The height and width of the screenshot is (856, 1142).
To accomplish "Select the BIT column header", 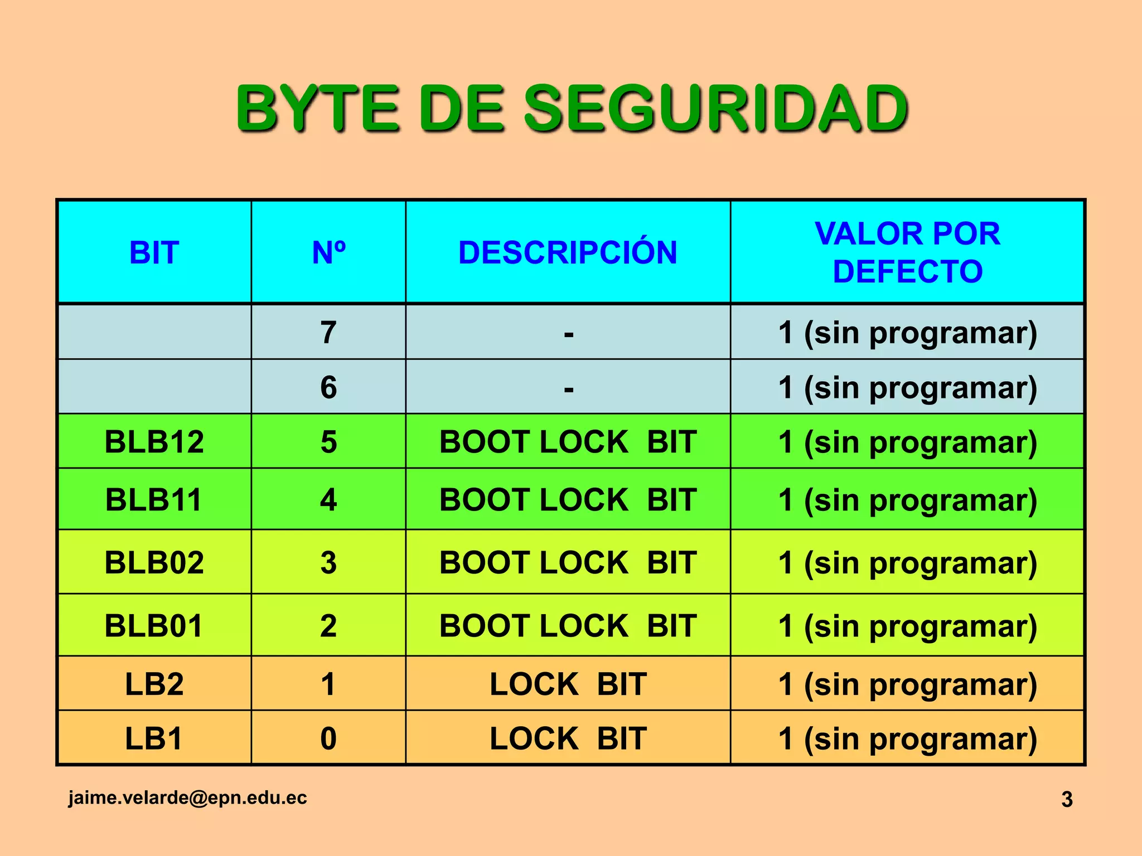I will pos(154,252).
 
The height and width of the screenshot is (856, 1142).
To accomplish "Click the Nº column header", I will pos(328,252).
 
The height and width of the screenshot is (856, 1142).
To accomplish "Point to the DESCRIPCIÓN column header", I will pos(568,252).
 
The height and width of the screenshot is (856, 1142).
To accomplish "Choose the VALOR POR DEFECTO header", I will pos(907,252).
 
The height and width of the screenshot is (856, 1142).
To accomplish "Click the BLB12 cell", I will pos(154,442).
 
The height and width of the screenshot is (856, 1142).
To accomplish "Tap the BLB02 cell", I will pos(154,562).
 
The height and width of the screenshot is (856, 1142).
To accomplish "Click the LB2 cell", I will pos(154,684).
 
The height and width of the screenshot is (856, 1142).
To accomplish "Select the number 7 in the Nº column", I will pos(328,333).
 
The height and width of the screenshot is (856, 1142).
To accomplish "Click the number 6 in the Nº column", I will pos(328,387).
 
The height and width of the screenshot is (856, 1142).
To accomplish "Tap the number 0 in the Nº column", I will pos(328,738).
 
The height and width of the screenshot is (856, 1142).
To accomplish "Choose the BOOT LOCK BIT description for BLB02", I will pos(568,562).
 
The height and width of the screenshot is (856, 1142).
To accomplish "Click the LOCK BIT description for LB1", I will pos(568,738).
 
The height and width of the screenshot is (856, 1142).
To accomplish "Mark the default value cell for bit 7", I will pos(907,333).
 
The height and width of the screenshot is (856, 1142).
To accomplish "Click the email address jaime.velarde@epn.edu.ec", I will pos(188,797).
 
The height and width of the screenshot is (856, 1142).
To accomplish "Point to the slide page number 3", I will pos(1067,799).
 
